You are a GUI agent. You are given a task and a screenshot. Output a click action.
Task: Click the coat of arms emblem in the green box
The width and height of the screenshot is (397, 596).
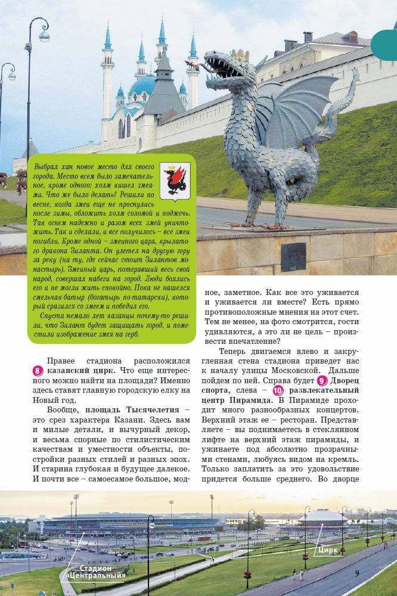pos(175,179)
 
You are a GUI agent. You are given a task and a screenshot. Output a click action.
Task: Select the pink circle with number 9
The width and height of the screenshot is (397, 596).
pos(322,380)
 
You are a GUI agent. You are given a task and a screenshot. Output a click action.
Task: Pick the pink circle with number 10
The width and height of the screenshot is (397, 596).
pos(278,390)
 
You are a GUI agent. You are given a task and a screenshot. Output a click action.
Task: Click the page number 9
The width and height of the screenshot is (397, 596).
pos(357,573)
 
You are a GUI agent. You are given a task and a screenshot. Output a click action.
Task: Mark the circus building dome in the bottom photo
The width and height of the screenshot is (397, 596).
pos(322,517)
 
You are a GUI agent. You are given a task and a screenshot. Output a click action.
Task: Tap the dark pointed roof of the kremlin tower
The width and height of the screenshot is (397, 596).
pos(164,87)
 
